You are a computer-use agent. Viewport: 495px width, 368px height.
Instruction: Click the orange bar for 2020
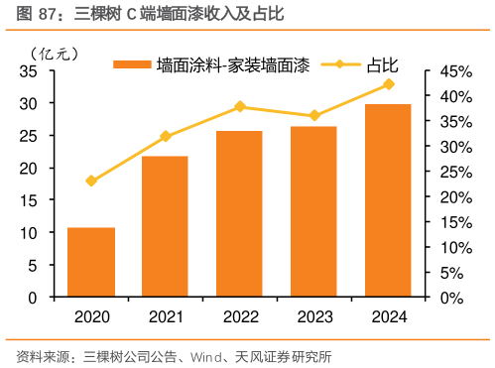[90, 262]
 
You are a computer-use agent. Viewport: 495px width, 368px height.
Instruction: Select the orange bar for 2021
[165, 226]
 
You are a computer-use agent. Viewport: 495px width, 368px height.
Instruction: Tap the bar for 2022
[239, 213]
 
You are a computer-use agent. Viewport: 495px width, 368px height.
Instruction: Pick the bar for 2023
[313, 211]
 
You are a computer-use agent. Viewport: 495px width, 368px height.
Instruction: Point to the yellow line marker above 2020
[90, 181]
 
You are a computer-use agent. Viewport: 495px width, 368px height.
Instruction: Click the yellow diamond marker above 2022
[239, 106]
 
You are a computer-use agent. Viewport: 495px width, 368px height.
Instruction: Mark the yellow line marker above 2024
[388, 84]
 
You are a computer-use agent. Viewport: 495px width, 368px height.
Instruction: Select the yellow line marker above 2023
[313, 116]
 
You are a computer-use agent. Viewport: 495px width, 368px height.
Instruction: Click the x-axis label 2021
[165, 316]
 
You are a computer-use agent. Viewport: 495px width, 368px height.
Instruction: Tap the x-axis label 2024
[388, 316]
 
